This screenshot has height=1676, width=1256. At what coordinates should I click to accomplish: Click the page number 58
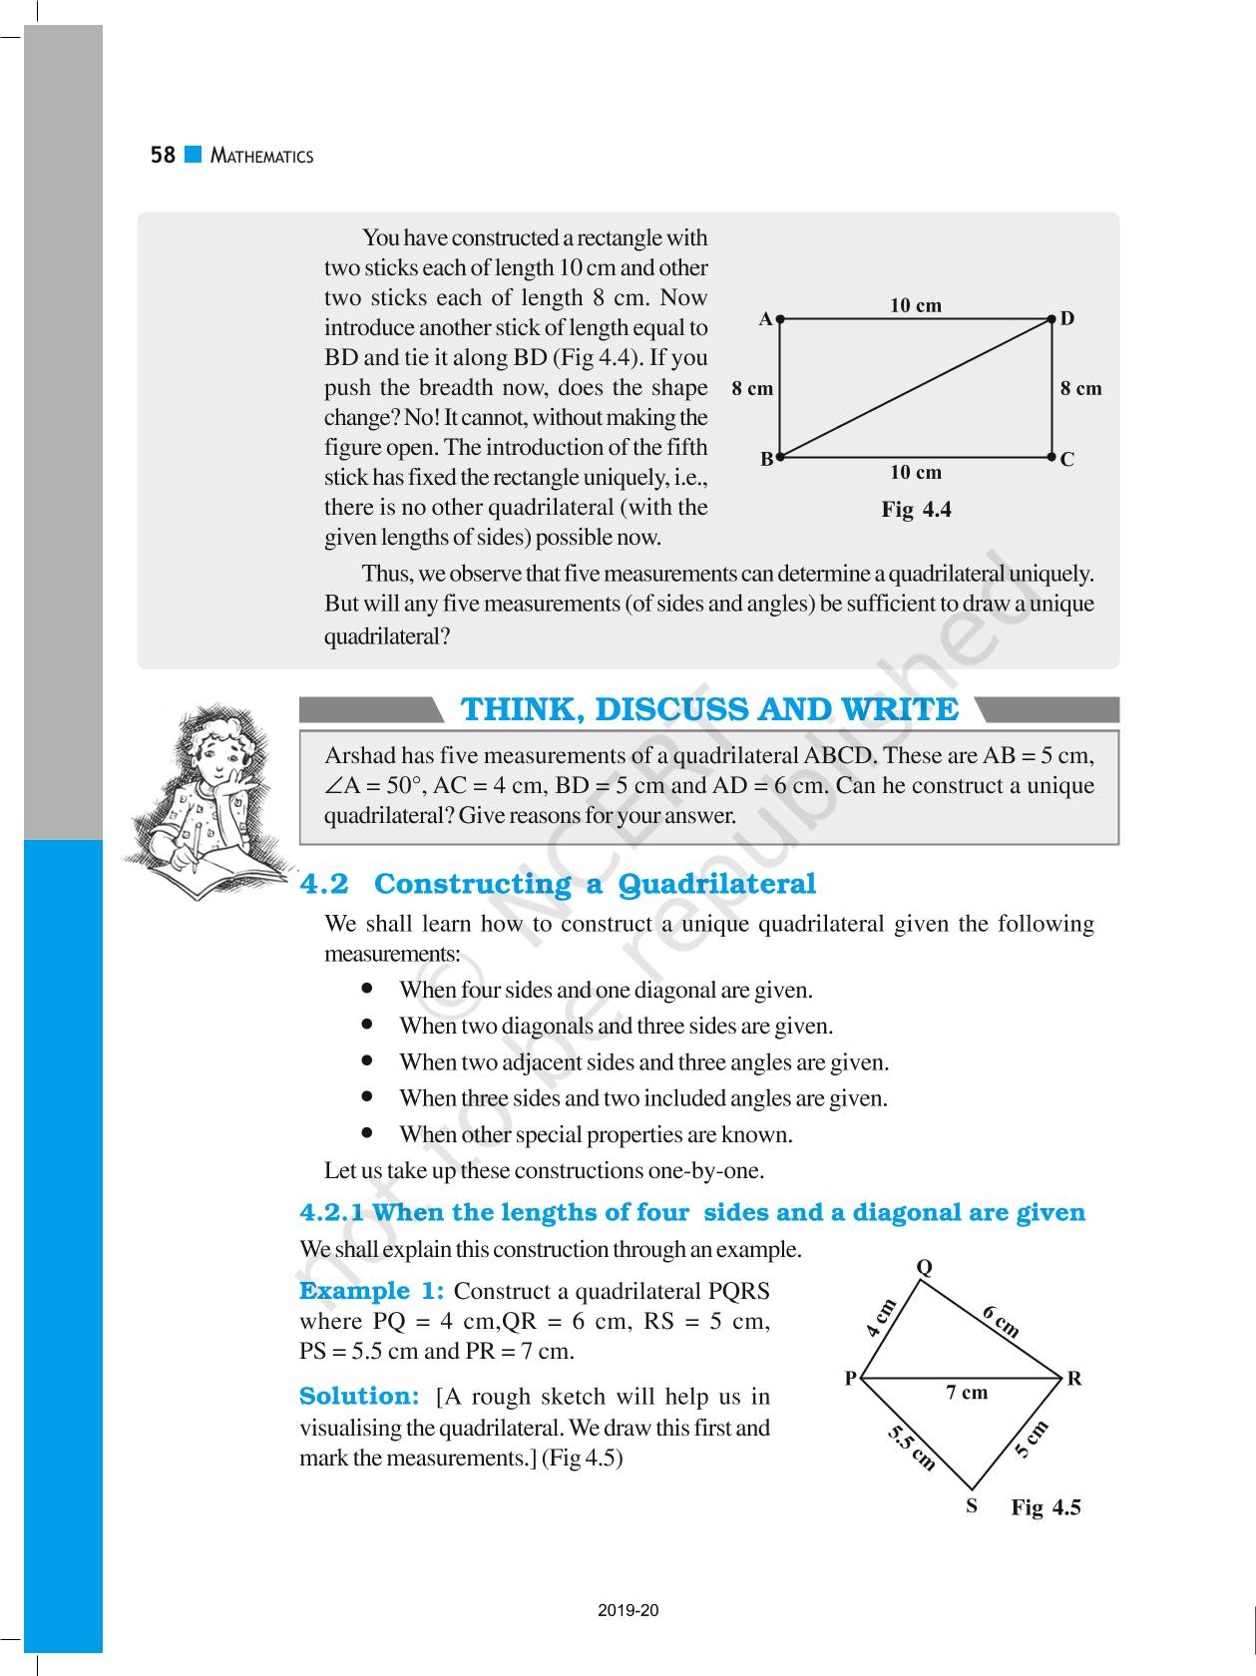[x=163, y=156]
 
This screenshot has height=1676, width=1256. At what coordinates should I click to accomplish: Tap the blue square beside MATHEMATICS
[x=194, y=155]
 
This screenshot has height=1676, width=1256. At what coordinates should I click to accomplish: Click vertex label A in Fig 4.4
[x=765, y=319]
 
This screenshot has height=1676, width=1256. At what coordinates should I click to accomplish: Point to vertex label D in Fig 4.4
[x=1067, y=319]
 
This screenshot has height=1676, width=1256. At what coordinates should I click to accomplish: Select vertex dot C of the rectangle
[x=1052, y=457]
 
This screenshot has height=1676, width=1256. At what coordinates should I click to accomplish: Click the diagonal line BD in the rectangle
[x=916, y=388]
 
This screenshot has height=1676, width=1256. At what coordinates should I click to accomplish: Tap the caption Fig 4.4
[x=916, y=510]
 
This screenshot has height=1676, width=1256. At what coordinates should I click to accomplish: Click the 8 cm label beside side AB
[x=752, y=389]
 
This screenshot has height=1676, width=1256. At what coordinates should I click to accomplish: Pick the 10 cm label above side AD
[x=916, y=305]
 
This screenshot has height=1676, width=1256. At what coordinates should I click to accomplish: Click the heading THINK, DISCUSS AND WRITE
[x=708, y=710]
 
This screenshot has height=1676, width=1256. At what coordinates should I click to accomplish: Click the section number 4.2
[x=325, y=884]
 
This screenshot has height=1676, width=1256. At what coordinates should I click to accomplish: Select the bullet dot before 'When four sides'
[x=368, y=989]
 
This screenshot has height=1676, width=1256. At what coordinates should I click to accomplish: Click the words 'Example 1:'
[x=371, y=1291]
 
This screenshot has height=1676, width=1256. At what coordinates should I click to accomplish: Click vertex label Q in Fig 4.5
[x=925, y=1267]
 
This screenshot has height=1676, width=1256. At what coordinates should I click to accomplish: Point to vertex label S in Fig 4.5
[x=971, y=1506]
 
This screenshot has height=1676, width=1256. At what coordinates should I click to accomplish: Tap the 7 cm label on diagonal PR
[x=967, y=1392]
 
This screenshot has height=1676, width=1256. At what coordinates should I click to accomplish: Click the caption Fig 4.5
[x=1046, y=1507]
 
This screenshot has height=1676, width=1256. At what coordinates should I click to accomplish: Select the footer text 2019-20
[x=628, y=1610]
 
